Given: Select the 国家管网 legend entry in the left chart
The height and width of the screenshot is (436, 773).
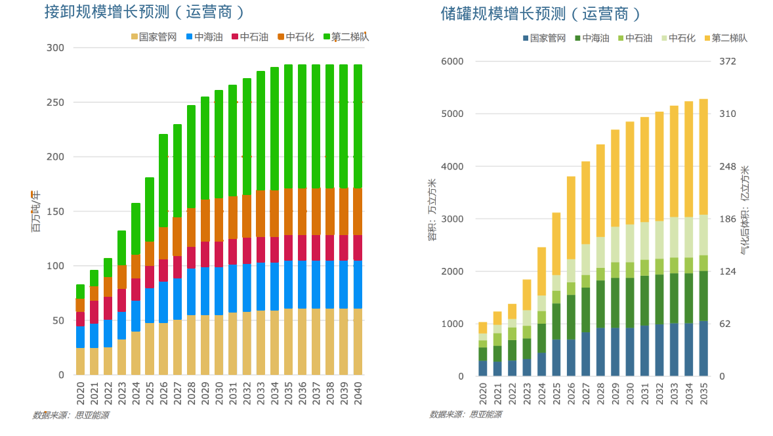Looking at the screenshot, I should tap(154, 37).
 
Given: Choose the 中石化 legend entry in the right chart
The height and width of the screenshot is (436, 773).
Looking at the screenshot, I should tap(677, 38).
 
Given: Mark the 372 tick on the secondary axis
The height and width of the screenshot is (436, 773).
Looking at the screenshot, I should tap(728, 61).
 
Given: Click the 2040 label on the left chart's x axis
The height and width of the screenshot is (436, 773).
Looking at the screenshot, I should tap(358, 392).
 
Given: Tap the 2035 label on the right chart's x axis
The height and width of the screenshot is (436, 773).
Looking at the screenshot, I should tap(703, 393).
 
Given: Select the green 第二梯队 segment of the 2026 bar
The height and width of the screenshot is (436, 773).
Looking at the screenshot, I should tap(163, 181).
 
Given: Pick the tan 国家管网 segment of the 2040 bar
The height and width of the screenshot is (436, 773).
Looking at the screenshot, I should tap(358, 341).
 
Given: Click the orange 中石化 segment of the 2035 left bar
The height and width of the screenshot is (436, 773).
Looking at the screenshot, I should tap(288, 211).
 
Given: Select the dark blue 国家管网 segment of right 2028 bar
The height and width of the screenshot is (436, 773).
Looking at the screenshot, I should tap(600, 351).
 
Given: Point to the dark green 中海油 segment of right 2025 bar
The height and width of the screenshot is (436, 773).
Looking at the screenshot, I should tap(556, 321).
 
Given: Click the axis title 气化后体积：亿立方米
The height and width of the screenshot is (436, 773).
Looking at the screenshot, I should tap(745, 210).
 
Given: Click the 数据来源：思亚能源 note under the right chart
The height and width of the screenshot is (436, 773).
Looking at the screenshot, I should tap(465, 414).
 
